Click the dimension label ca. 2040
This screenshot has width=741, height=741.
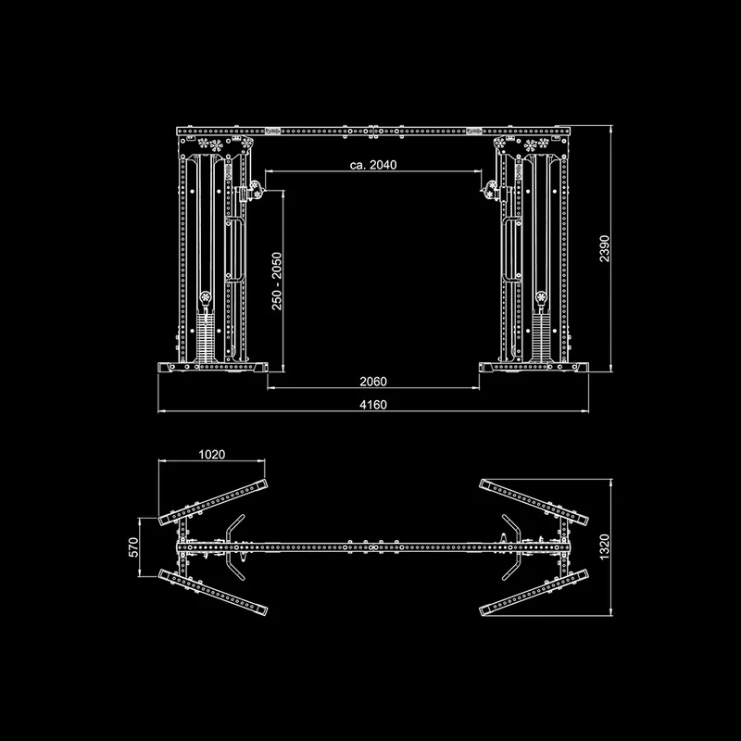(373, 165)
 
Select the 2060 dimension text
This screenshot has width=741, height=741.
(373, 382)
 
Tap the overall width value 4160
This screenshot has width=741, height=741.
(373, 405)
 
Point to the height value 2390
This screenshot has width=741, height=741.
(605, 248)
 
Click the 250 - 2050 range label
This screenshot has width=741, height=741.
(277, 282)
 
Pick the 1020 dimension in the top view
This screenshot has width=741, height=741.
(212, 454)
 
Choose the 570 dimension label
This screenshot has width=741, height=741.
(133, 547)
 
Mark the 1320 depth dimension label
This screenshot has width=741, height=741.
(605, 547)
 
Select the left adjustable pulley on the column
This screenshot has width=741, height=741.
(255, 190)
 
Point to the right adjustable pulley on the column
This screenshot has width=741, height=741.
(492, 190)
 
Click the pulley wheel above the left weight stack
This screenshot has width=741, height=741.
(205, 297)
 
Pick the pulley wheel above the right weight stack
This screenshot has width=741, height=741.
(542, 297)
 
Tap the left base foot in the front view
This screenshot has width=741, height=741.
(213, 367)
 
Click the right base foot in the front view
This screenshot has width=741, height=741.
(534, 367)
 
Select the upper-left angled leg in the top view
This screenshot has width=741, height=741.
(213, 502)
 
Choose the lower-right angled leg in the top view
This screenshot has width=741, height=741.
(534, 592)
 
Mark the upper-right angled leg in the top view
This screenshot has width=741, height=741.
(534, 502)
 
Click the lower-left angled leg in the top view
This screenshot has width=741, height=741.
(213, 592)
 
